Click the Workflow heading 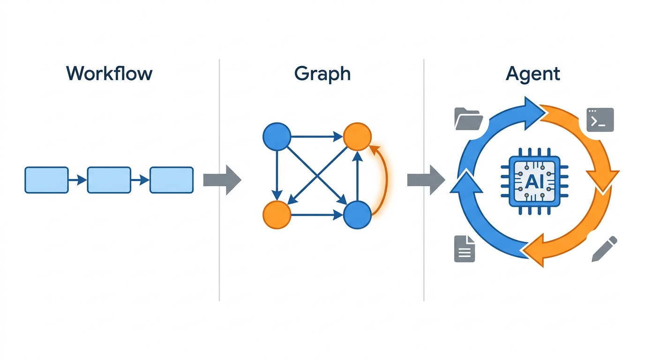(109, 74)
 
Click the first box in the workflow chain (47, 180)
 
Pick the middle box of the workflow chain (109, 180)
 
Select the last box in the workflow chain (172, 180)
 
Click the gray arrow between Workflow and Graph (222, 180)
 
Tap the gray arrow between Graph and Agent (426, 180)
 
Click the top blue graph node (277, 136)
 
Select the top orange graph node (357, 136)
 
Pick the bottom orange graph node (277, 215)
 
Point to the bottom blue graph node (357, 215)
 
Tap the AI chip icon (534, 181)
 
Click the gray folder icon (469, 119)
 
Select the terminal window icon (600, 120)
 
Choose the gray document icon (465, 249)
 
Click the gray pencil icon (604, 249)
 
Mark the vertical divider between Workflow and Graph (219, 180)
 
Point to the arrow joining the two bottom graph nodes (317, 215)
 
